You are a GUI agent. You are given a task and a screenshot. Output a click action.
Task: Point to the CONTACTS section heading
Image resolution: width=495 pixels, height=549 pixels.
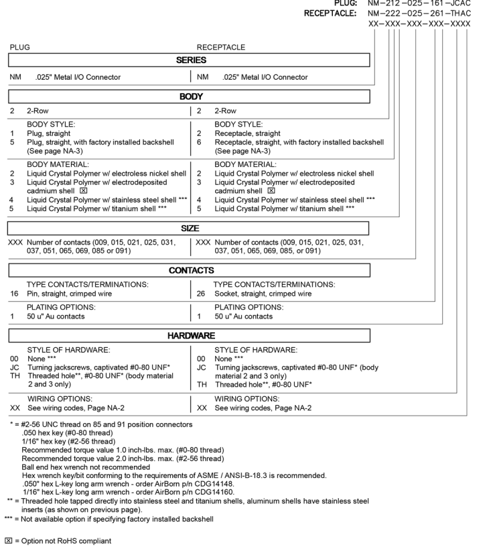click(188, 271)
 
